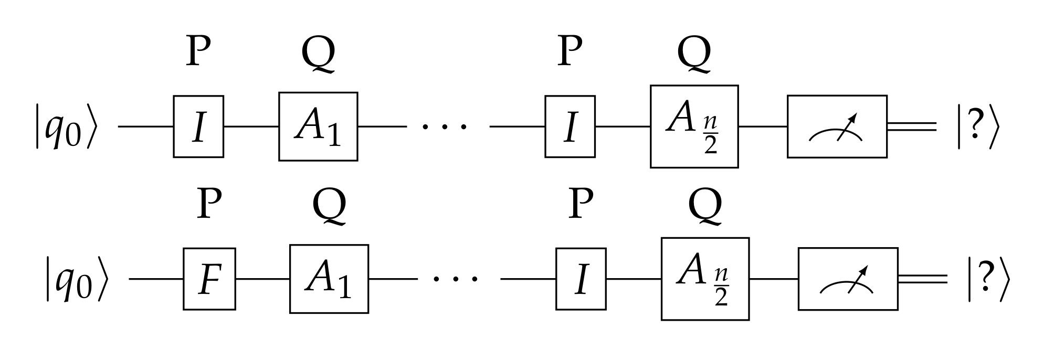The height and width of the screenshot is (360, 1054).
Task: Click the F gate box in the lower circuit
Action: [x=209, y=279]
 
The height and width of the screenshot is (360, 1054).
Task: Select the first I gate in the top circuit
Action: [x=198, y=126]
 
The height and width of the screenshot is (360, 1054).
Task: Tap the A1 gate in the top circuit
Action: [x=318, y=126]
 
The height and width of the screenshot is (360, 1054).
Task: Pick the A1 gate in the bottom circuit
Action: [x=329, y=279]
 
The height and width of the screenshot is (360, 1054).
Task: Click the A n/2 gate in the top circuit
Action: [x=694, y=126]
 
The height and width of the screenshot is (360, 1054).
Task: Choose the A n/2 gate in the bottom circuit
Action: [x=705, y=279]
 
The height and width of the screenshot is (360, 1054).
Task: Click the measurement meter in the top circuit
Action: [x=837, y=126]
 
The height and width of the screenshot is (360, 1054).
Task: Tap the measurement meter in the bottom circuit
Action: [x=848, y=279]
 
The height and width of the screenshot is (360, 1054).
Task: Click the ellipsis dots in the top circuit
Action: [x=447, y=126]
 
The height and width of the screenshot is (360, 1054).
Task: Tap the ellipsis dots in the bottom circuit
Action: [x=458, y=279]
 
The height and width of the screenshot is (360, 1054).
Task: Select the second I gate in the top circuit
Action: [x=570, y=126]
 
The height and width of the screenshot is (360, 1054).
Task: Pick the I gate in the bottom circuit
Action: [x=581, y=279]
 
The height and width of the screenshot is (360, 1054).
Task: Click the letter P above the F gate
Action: [x=209, y=204]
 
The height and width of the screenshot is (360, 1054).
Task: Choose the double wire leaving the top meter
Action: [x=912, y=126]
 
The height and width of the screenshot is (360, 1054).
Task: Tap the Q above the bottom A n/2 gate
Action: [x=705, y=206]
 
